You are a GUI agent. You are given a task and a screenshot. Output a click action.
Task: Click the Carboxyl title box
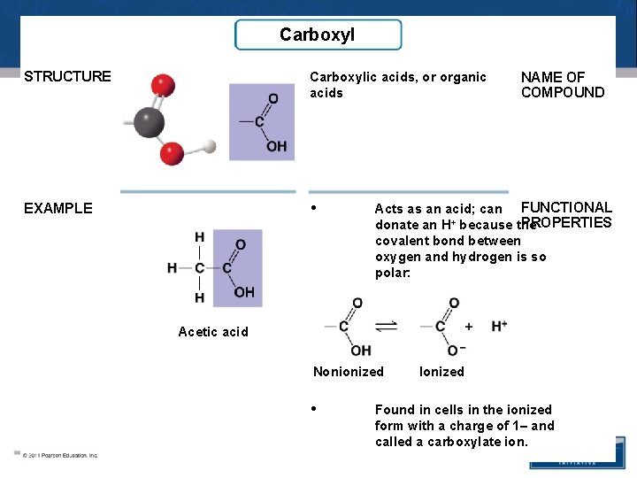point(318,35)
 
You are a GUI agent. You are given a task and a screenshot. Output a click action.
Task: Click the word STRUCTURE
point(68,76)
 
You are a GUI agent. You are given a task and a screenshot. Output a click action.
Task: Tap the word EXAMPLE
point(58,209)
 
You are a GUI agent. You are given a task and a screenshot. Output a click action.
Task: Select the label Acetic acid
point(213,332)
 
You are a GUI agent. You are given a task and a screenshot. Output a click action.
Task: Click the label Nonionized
point(349,372)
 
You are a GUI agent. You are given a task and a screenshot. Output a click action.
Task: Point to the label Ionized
point(441,372)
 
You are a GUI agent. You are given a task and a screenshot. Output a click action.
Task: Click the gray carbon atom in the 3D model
point(149,121)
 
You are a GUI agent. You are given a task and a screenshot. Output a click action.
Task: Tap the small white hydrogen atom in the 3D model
point(210,145)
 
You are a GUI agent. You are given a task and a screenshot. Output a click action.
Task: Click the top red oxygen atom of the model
point(162,85)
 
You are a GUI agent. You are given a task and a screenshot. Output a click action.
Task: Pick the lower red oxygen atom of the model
point(172,155)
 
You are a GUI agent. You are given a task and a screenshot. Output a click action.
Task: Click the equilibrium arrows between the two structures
point(386,328)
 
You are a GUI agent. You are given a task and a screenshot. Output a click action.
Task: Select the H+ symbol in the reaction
point(499,327)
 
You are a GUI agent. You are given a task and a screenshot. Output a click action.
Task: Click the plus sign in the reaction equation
point(469,327)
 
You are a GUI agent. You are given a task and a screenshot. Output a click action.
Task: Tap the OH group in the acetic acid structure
point(244,292)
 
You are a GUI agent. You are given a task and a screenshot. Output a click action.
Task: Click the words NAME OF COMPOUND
point(563,85)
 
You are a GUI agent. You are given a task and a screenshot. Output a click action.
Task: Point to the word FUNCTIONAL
point(566,207)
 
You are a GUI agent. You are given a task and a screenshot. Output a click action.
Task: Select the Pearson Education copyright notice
point(60,455)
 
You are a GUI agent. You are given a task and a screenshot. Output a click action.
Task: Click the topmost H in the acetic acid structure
point(200,237)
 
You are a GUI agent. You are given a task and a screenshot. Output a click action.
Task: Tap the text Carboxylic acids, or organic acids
point(398,85)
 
